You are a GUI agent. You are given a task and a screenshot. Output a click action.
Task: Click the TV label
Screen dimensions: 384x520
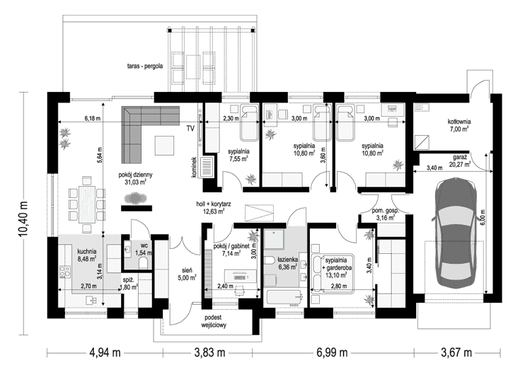click(x=190, y=129)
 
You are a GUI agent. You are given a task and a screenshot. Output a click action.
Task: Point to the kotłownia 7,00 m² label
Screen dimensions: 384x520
click(x=459, y=125)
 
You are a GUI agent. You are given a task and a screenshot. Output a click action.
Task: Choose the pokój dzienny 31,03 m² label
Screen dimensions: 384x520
click(x=132, y=178)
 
